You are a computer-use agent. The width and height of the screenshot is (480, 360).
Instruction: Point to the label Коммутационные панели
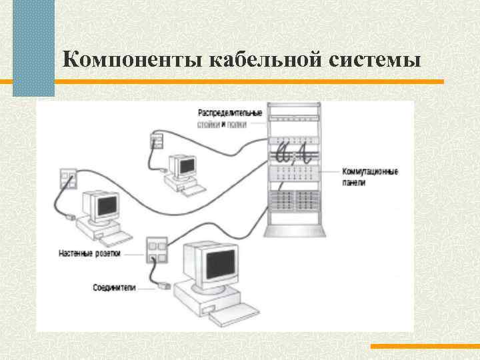tap(370, 177)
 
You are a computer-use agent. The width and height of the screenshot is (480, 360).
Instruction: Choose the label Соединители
tap(114, 288)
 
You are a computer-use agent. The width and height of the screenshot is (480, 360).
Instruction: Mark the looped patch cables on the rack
tap(294, 155)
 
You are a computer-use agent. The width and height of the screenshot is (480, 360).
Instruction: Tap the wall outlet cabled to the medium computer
tap(68, 177)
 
